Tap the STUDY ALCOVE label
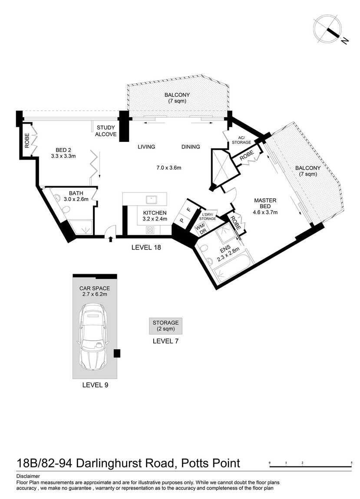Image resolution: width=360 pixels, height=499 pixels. point(106,131)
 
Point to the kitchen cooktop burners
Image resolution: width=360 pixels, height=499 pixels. point(150,230)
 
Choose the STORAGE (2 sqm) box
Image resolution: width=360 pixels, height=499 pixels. point(165,326)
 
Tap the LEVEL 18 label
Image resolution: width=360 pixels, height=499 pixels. point(146,247)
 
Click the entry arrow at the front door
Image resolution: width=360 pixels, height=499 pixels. point(111,239)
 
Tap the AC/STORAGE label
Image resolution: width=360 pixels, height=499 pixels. point(241,140)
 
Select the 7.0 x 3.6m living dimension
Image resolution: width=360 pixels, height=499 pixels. point(169,168)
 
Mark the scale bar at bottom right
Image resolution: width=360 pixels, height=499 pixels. point(310,465)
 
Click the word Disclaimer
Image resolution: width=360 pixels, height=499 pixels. point(28,476)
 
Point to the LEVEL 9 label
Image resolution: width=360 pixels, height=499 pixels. point(95,385)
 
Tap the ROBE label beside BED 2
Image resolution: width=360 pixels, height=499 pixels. point(27,140)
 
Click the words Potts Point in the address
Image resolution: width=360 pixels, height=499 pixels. point(211,463)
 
